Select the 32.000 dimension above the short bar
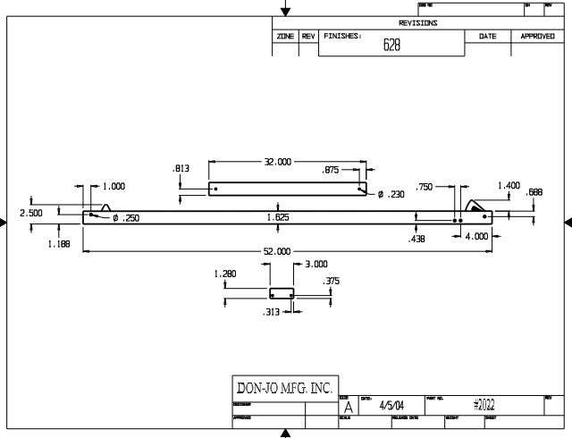pos(278,163)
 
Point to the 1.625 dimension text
pos(278,217)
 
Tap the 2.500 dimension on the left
pos(31,213)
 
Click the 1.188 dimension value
pos(58,244)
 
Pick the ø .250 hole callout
pos(126,218)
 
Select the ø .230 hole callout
pos(391,194)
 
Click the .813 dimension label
pos(181,168)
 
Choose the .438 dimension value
pos(416,240)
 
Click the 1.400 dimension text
pos(509,185)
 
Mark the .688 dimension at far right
pos(534,192)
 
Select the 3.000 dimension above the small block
pos(316,265)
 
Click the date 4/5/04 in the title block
pos(391,407)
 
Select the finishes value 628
pos(391,46)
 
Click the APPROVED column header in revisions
pos(538,36)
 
